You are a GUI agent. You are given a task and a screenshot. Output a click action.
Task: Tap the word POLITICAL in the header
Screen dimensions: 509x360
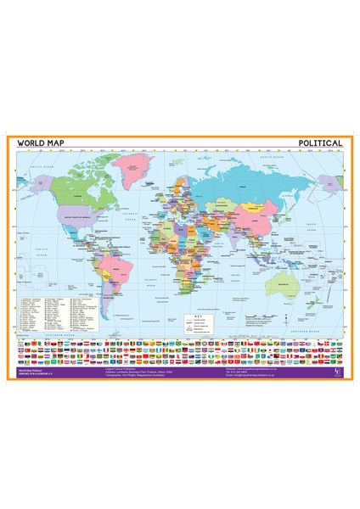point(320,143)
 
